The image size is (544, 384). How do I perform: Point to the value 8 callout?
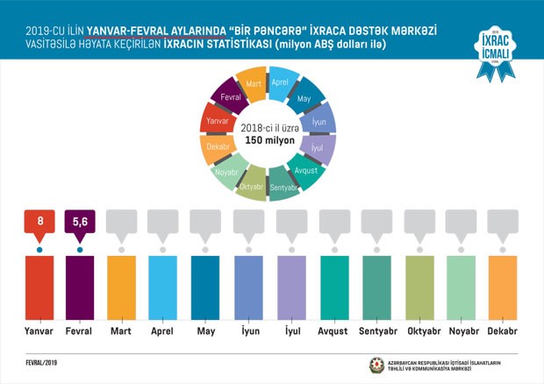(39, 223)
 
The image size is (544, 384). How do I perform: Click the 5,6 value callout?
(80, 223)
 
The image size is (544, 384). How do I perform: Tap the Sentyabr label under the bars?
(376, 331)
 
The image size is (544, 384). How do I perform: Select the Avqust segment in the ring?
(306, 170)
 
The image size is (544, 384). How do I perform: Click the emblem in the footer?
(377, 363)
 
